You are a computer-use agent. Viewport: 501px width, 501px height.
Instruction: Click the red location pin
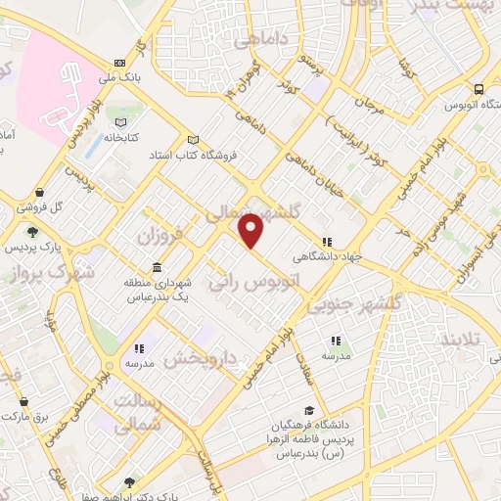[x=251, y=231]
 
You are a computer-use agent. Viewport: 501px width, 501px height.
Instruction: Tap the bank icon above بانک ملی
[x=119, y=61]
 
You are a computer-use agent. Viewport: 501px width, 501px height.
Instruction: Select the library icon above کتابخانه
[x=120, y=122]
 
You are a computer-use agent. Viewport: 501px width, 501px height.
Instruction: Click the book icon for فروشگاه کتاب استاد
[x=193, y=139]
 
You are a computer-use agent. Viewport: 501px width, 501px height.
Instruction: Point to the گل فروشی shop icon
[x=38, y=193]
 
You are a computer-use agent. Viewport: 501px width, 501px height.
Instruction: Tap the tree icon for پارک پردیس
[x=32, y=232]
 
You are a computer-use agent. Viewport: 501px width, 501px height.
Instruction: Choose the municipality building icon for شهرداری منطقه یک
[x=158, y=268]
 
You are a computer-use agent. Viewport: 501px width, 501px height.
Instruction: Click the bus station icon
[x=476, y=87]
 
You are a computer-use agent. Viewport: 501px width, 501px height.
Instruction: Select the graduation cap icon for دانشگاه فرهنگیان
[x=309, y=411]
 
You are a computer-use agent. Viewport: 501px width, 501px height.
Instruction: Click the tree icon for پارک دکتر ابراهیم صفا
[x=130, y=481]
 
